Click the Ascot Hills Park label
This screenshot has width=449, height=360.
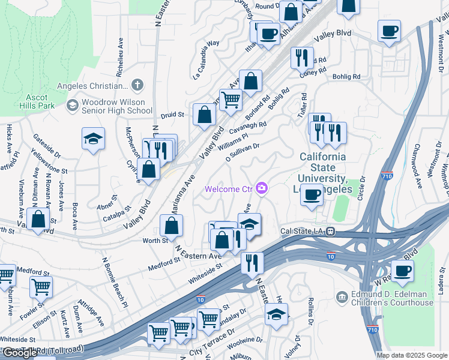click(41, 101)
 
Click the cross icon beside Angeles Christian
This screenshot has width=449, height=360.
click(137, 85)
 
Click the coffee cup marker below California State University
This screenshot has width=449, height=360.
click(311, 196)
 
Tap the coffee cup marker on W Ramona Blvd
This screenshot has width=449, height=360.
click(402, 271)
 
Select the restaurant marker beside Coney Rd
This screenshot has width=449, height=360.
click(301, 58)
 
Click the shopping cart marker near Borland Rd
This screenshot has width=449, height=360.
click(230, 100)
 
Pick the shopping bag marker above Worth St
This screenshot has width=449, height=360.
click(172, 226)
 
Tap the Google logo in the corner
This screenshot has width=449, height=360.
click(20, 353)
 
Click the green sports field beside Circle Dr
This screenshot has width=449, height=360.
click(340, 208)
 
